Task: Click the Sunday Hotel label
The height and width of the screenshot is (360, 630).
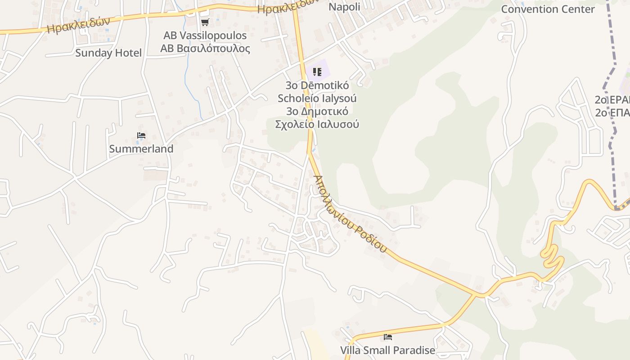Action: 108,53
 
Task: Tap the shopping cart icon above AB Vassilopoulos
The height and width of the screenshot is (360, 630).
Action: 205,22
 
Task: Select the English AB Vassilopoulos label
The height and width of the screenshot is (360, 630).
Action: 205,36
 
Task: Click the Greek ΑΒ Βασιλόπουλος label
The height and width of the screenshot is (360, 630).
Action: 205,48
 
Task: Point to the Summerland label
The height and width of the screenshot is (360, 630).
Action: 141,149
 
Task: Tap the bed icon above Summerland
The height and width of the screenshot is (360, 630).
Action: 141,135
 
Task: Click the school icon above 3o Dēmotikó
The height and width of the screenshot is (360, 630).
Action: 317,72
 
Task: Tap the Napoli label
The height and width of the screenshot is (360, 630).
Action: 344,7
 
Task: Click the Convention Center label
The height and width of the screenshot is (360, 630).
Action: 548,9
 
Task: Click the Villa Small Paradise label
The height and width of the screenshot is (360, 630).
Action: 387,350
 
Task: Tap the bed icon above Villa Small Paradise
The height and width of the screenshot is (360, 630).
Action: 387,337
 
